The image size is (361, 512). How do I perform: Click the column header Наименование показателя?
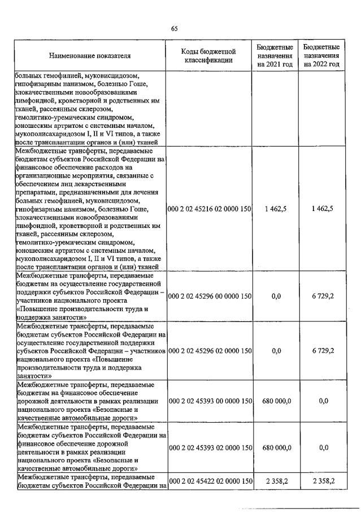point(90,56)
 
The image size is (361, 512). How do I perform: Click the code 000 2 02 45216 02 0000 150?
point(210,209)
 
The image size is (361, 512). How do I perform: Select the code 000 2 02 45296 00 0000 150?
point(210,295)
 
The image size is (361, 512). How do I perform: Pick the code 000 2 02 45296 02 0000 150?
point(210,351)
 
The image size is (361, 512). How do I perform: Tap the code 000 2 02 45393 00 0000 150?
point(210,400)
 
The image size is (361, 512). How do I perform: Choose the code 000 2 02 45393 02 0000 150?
point(210,448)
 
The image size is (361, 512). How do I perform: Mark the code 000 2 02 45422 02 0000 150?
point(210,481)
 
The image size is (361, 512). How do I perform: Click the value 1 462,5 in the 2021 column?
point(275,209)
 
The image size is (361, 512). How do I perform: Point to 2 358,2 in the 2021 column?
point(275,481)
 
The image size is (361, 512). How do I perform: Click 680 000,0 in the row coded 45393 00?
point(276,400)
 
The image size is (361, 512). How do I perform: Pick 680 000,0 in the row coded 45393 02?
point(276,448)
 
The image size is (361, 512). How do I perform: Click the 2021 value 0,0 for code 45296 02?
point(276,351)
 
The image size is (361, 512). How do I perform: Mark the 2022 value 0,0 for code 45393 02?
point(323,448)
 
